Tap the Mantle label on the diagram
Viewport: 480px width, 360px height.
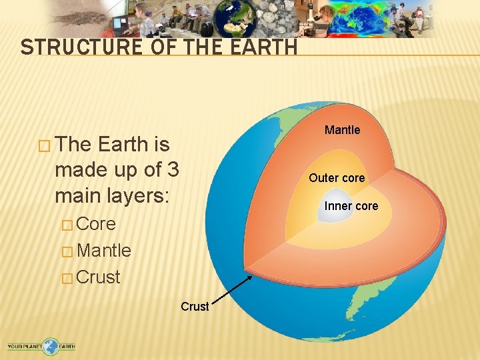click(x=342, y=130)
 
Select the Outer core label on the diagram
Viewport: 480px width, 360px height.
click(x=337, y=178)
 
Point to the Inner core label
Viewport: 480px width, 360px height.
click(x=351, y=206)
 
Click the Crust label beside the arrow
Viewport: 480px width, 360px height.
click(x=195, y=307)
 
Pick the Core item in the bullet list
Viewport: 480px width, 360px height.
click(x=96, y=224)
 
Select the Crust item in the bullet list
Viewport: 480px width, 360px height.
click(x=98, y=277)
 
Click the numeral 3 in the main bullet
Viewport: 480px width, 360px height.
click(x=172, y=170)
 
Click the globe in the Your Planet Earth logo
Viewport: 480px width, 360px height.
click(x=50, y=346)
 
